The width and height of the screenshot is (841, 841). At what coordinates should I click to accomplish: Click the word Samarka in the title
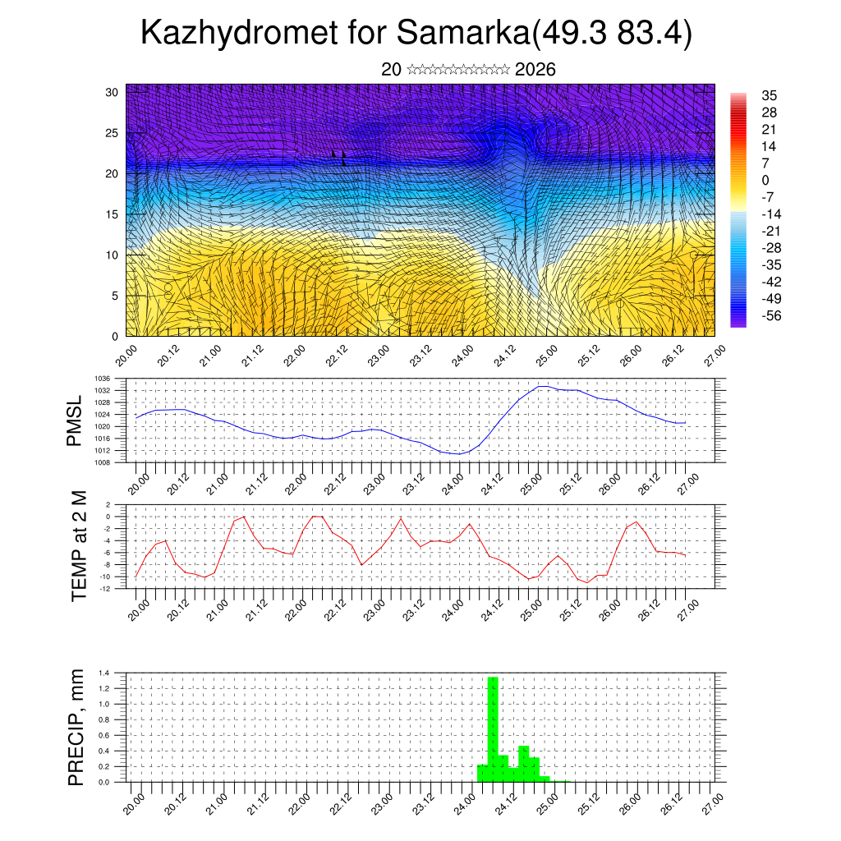[x=462, y=34]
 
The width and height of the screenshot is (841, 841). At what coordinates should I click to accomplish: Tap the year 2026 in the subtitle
[x=535, y=70]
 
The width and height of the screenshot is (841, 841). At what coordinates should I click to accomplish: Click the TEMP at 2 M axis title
[x=79, y=546]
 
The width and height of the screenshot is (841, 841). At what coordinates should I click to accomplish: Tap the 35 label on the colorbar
[x=770, y=95]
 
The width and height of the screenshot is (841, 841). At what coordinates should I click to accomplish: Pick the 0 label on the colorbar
[x=765, y=180]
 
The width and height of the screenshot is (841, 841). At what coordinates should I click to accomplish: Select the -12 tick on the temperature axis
[x=106, y=589]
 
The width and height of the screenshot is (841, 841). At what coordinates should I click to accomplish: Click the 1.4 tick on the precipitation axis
[x=104, y=673]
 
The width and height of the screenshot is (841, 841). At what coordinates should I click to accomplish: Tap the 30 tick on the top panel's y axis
[x=112, y=92]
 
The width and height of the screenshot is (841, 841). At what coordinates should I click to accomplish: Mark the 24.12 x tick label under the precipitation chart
[x=505, y=799]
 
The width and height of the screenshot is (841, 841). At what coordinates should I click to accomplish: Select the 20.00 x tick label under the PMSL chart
[x=138, y=480]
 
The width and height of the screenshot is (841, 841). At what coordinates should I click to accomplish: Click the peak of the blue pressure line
[x=541, y=385]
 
